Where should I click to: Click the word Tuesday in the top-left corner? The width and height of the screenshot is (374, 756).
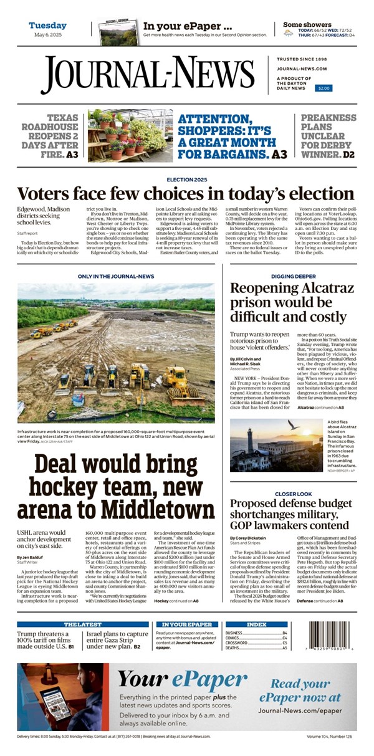[x=47, y=26]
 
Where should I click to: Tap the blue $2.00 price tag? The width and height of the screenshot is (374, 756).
[x=324, y=89]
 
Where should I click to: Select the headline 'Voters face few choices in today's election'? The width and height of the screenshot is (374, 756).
[x=185, y=193]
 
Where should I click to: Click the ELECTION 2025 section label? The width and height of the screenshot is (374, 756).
[x=186, y=179]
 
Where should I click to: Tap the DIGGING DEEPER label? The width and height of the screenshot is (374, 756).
[x=292, y=275]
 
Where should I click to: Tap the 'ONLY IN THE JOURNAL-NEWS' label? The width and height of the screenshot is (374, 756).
[x=116, y=275]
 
